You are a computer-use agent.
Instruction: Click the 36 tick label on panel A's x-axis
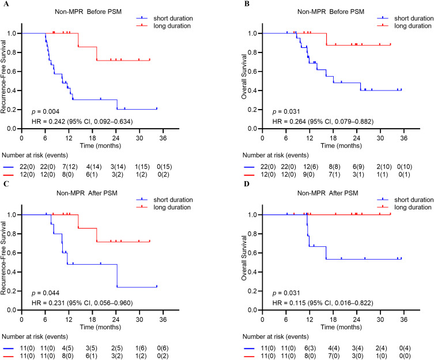(163, 138)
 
